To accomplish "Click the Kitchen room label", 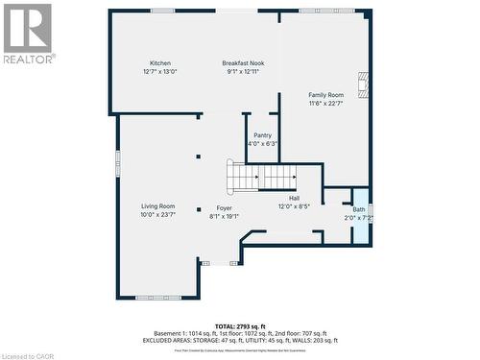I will coord(159,62).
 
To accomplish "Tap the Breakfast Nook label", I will coord(243,62).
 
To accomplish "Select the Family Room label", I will coord(325,95).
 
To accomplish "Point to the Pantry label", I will coord(262,135).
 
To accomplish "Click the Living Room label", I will coord(158,206).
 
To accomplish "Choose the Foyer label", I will coord(224,207).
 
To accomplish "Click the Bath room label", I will coord(359,209).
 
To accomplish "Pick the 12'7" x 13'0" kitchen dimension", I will coord(160,71).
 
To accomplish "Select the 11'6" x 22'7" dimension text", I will coord(325,103).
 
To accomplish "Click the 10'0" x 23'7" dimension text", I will coord(158,215).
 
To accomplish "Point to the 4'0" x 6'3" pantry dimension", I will coord(262,144).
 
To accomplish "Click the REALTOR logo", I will coord(28,33).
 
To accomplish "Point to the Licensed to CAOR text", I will coord(30,353).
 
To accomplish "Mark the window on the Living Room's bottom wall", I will coord(157,297).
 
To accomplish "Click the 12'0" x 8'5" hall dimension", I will coord(294,206).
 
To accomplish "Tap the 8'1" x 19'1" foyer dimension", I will coord(224,216).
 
